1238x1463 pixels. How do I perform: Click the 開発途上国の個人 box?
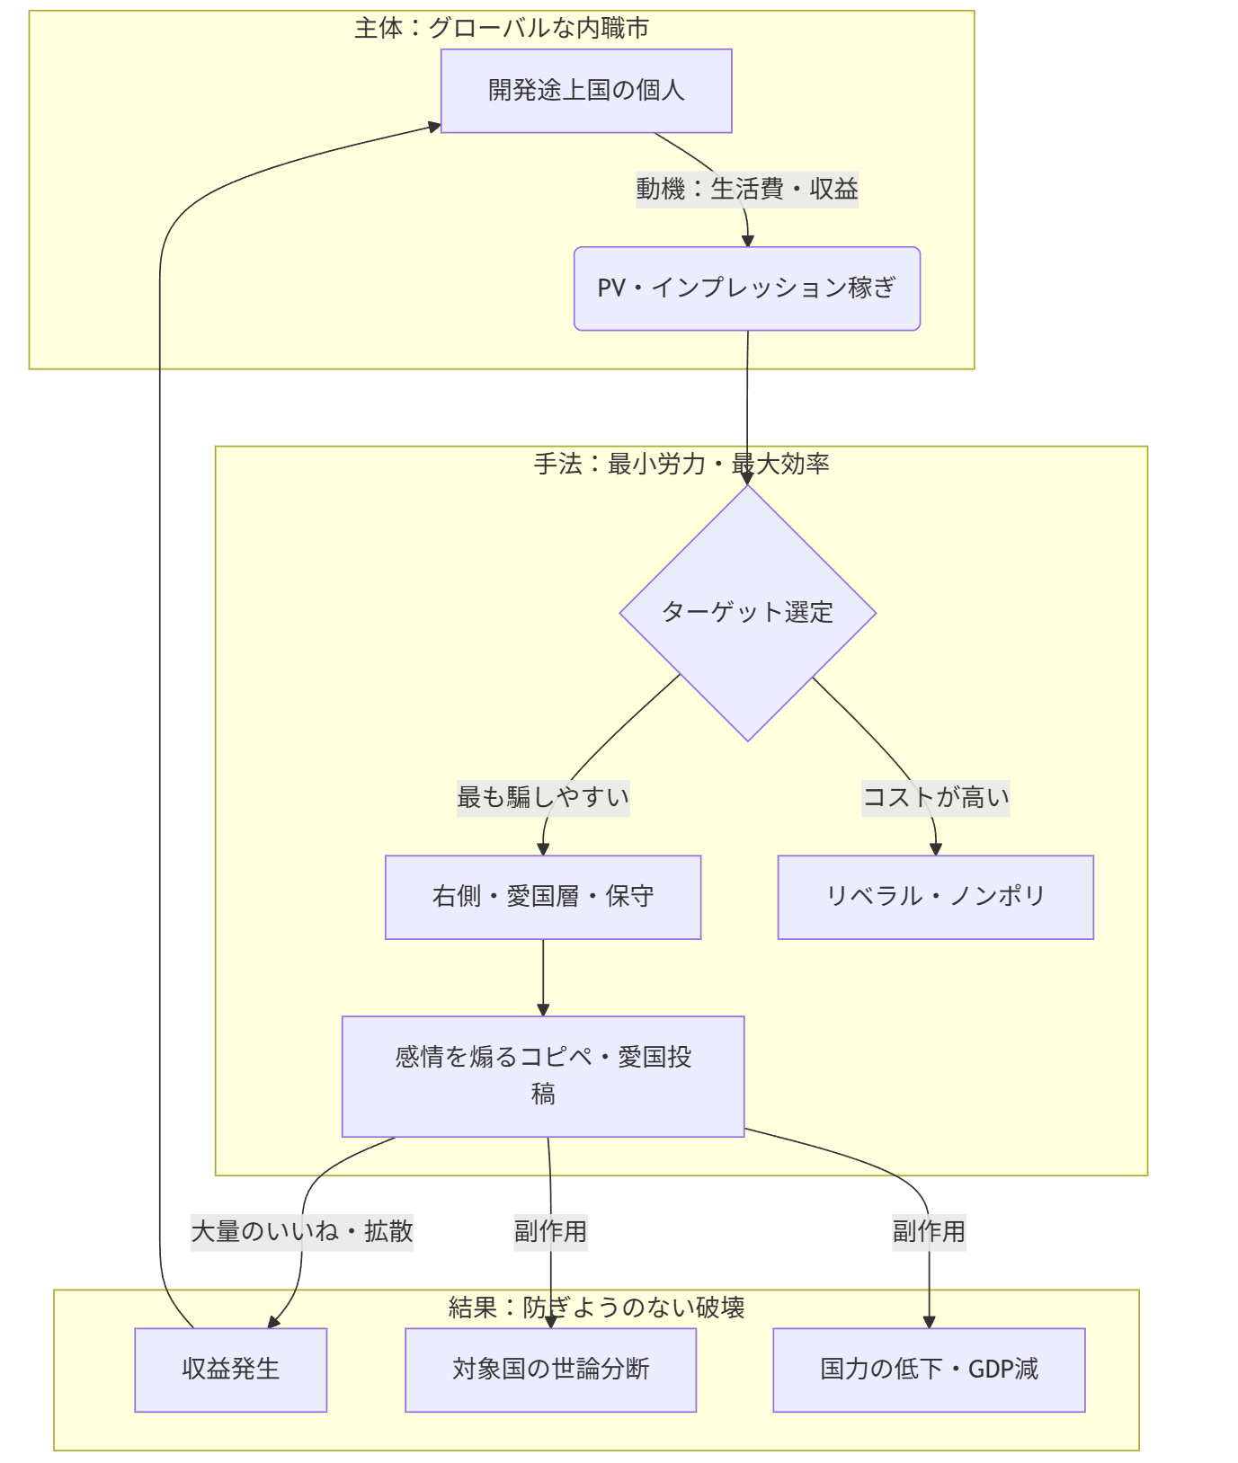tap(585, 91)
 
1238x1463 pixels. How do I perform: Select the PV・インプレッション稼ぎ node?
tap(746, 288)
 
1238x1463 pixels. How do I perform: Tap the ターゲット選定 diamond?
tap(747, 613)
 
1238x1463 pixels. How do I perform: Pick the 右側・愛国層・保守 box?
tap(542, 897)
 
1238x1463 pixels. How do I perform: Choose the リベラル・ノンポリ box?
tap(935, 897)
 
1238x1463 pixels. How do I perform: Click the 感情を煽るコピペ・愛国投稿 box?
tap(542, 1076)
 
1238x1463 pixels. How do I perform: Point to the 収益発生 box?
tap(230, 1370)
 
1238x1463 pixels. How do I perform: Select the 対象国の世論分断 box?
tap(550, 1370)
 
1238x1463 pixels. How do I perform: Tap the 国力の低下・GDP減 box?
tap(929, 1370)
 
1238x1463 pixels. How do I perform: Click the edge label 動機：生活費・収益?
tap(746, 190)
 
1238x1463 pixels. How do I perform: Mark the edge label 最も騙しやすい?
tap(542, 797)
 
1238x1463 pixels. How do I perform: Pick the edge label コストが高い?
tap(935, 797)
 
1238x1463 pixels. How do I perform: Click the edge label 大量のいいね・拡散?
tap(301, 1231)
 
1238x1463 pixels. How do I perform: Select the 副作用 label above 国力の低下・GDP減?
tap(929, 1231)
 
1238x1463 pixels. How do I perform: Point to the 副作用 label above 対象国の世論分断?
tap(550, 1231)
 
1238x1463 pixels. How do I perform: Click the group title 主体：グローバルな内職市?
tap(501, 29)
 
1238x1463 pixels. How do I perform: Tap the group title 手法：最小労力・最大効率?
tap(681, 465)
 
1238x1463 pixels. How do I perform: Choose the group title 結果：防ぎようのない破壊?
tap(596, 1308)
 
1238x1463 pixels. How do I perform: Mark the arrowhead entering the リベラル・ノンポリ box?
tap(936, 849)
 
